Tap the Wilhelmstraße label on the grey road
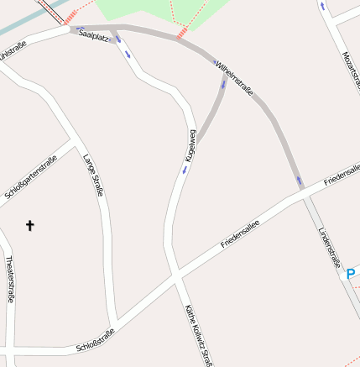pyautogui.click(x=234, y=76)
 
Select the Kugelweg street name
pyautogui.click(x=191, y=145)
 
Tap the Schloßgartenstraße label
pyautogui.click(x=30, y=177)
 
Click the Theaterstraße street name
pyautogui.click(x=10, y=278)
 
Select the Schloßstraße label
pyautogui.click(x=95, y=339)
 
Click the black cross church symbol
pyautogui.click(x=30, y=225)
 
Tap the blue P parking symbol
pyautogui.click(x=352, y=273)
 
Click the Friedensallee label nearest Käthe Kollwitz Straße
pyautogui.click(x=241, y=233)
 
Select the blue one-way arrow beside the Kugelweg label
pyautogui.click(x=185, y=170)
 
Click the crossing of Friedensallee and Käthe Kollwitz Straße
pyautogui.click(x=175, y=275)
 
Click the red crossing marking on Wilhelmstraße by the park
pyautogui.click(x=181, y=35)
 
